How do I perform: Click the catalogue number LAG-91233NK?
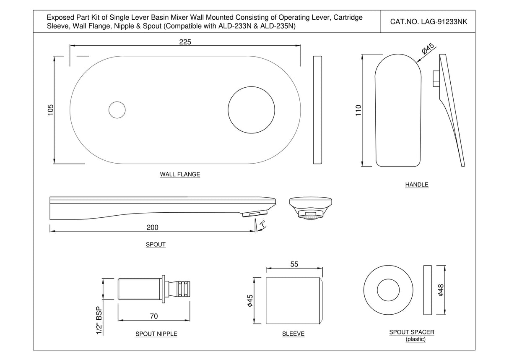pos(428,22)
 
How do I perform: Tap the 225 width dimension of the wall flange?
pos(185,42)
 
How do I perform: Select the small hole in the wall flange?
pos(117,110)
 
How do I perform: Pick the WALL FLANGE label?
pos(180,174)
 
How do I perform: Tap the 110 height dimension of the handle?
pos(358,110)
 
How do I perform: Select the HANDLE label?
pos(417,184)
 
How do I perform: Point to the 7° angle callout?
pos(262,225)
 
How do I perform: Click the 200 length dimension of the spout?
pos(152,227)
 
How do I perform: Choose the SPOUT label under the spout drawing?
pos(156,244)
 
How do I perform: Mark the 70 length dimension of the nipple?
pos(154,316)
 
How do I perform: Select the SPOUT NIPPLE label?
pos(156,334)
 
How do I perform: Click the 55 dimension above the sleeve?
pos(294,264)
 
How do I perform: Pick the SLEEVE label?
pos(293,334)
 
